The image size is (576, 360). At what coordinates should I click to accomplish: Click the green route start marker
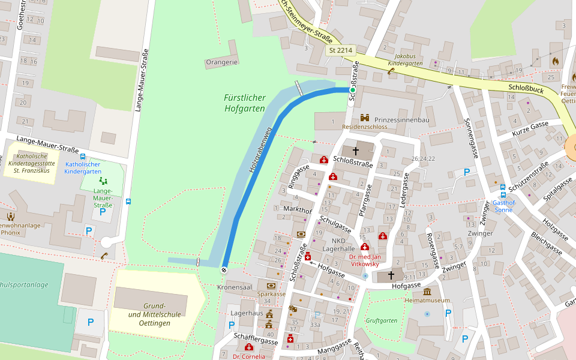click(353, 90)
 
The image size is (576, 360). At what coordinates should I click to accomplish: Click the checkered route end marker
click(224, 270)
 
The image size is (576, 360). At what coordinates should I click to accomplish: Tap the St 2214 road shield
click(341, 50)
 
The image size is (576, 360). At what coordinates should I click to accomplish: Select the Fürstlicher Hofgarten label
click(245, 103)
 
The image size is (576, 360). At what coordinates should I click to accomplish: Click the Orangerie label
click(222, 62)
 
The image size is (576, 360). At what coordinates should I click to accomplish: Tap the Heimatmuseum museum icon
click(427, 291)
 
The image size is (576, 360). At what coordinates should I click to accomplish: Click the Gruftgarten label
click(382, 320)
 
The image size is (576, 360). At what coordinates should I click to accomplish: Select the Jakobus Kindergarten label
click(405, 59)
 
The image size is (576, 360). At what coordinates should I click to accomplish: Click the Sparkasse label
click(272, 294)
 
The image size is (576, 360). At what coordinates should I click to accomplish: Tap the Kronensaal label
click(235, 287)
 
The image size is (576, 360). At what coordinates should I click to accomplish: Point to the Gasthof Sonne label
click(503, 206)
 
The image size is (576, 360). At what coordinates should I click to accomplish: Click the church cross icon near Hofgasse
click(391, 275)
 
